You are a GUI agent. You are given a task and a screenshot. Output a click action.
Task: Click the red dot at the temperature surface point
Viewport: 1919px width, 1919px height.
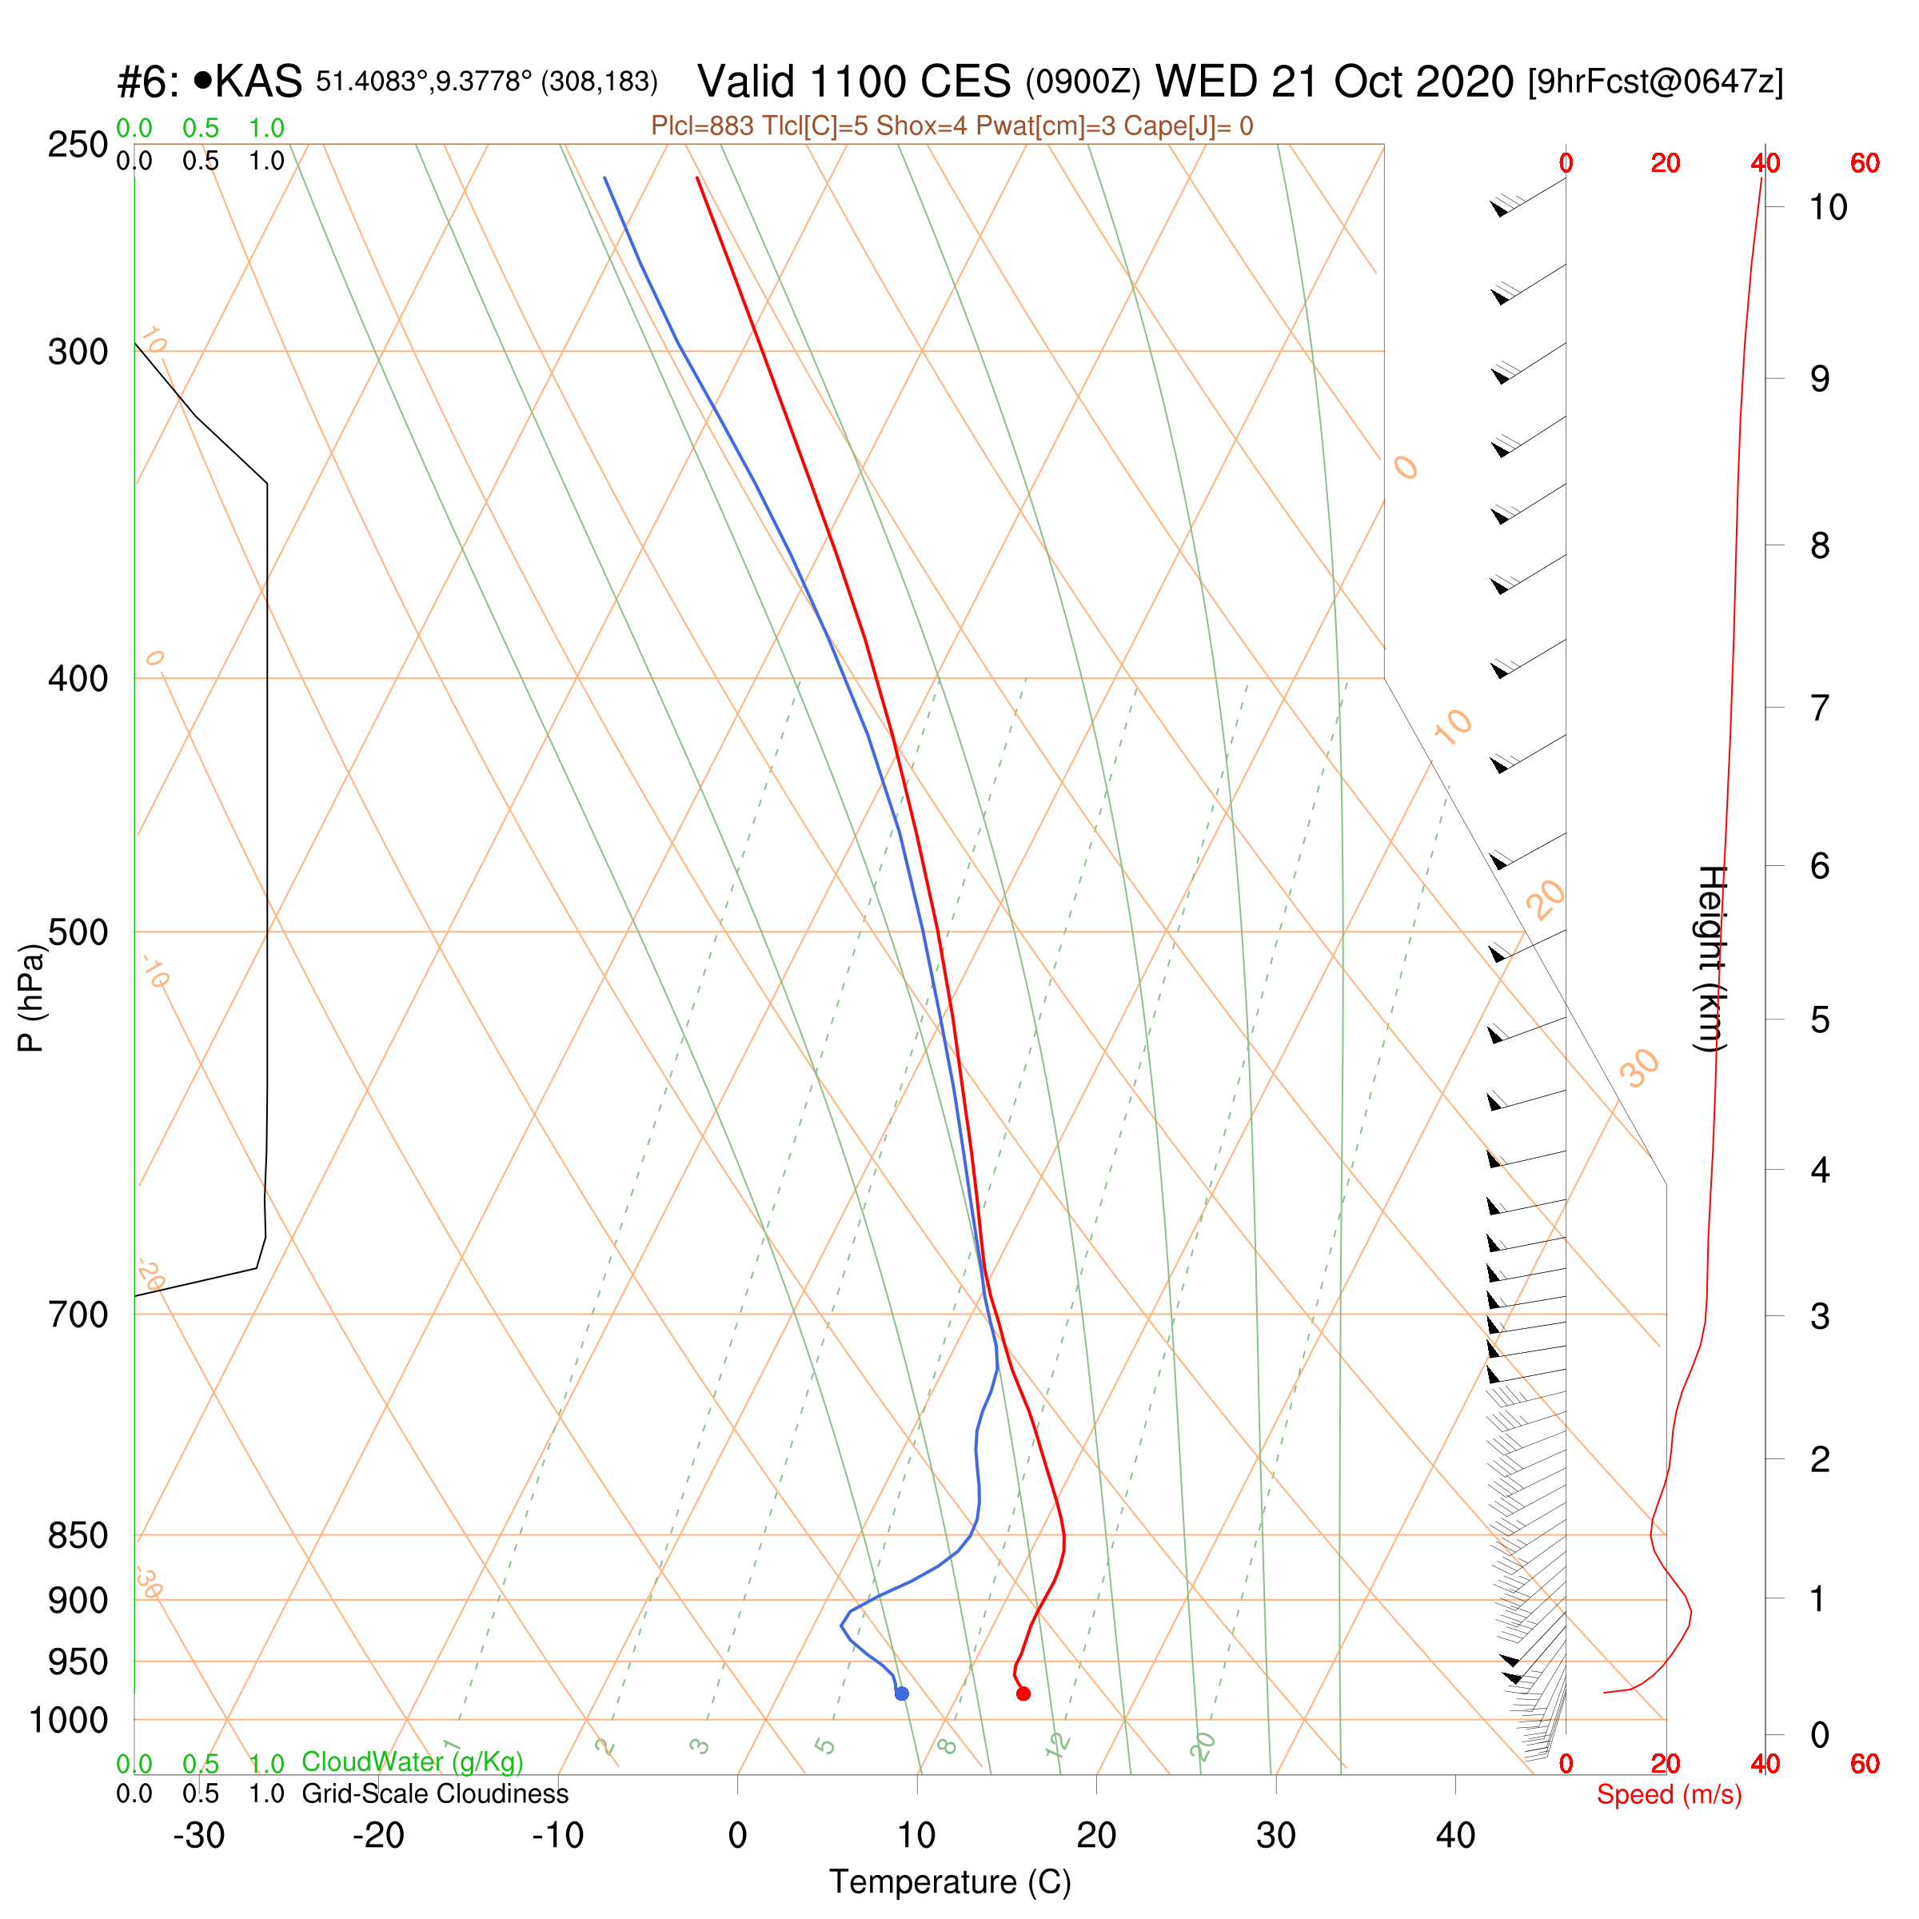[x=1023, y=1694]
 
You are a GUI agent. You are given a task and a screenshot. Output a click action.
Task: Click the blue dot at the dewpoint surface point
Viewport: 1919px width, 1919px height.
[x=902, y=1694]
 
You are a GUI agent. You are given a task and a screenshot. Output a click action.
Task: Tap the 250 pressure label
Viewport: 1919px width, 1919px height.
[x=78, y=144]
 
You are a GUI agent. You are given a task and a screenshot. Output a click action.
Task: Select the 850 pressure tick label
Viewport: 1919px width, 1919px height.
[x=78, y=1534]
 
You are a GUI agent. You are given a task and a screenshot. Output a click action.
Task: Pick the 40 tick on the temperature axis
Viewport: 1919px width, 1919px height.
[x=1455, y=1836]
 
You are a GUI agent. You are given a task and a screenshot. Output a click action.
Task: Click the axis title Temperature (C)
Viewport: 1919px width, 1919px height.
[x=951, y=1882]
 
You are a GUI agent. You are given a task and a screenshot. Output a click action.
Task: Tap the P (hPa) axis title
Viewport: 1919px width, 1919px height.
[x=32, y=998]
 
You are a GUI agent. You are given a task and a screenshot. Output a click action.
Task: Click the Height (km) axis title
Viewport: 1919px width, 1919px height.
[x=1711, y=959]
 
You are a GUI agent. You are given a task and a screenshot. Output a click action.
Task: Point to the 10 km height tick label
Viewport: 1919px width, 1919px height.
[x=1828, y=208]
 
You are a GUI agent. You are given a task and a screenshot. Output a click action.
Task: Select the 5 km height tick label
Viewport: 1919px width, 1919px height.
[x=1820, y=1020]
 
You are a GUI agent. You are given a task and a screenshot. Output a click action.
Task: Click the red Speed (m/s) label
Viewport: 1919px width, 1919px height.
[x=1669, y=1795]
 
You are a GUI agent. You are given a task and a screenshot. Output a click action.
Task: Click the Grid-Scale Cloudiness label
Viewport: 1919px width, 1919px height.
[x=435, y=1793]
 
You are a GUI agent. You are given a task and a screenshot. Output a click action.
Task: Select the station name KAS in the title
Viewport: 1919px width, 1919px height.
[x=258, y=82]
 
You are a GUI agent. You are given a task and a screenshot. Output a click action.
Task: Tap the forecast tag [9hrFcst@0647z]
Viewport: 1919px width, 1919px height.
[x=1656, y=82]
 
